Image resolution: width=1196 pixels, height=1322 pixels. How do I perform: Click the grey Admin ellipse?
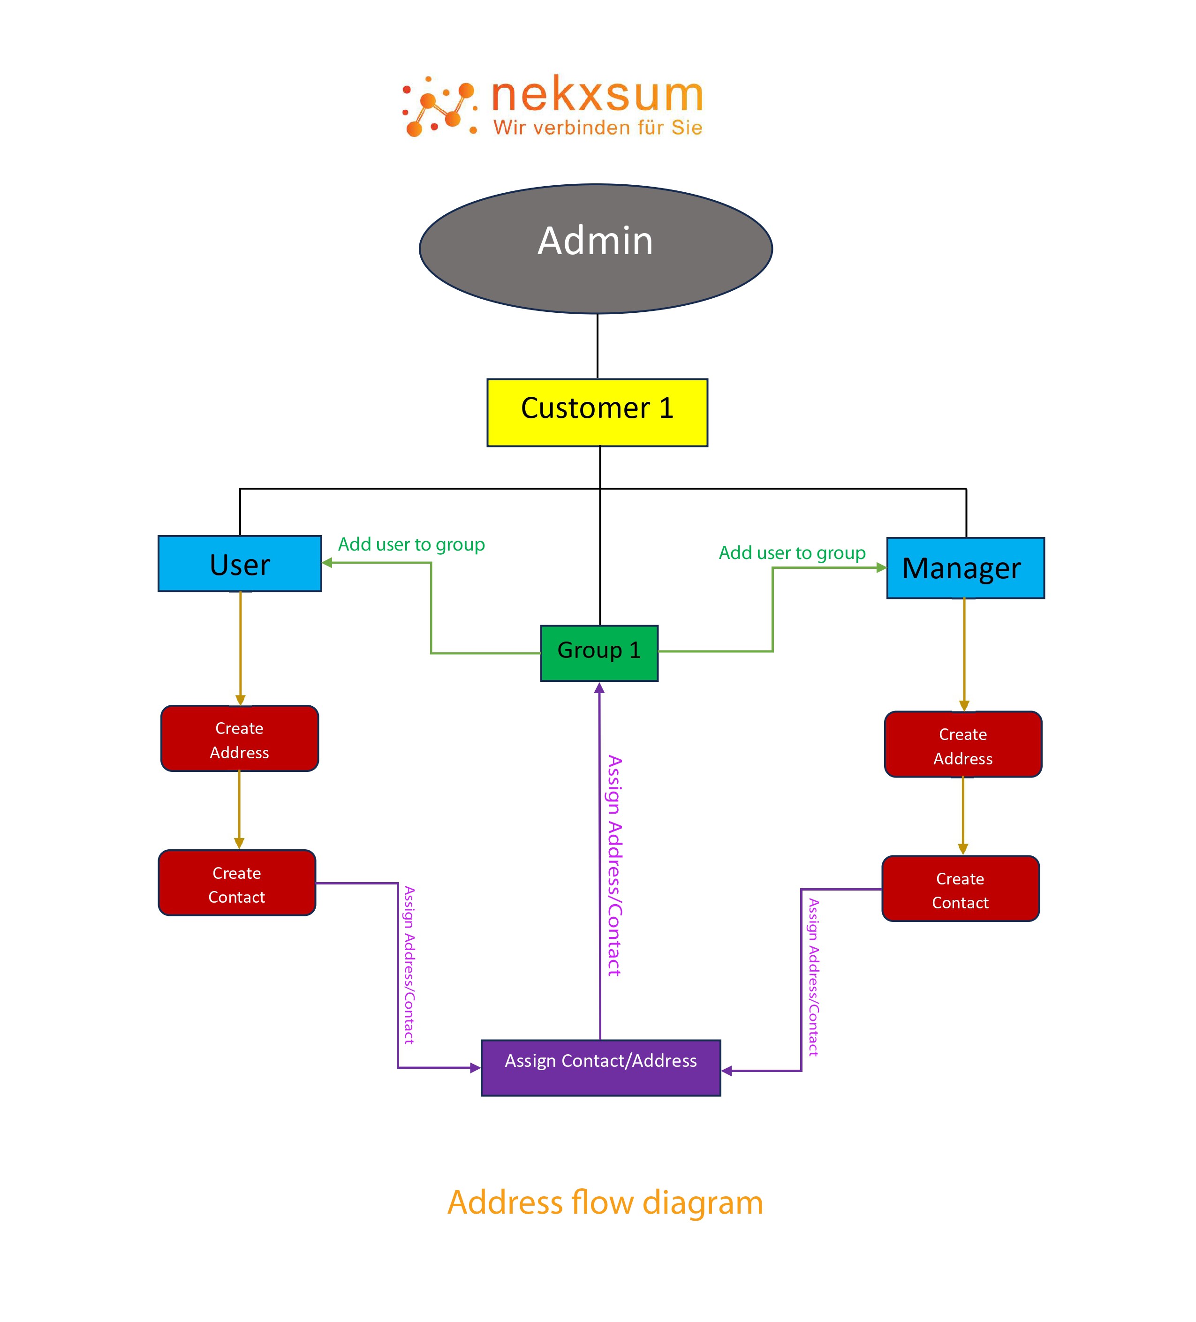pos(595,249)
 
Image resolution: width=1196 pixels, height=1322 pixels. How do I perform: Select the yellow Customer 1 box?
pos(597,413)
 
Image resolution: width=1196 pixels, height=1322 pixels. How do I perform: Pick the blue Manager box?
pos(964,568)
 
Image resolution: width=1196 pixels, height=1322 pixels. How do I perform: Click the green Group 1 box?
pos(598,653)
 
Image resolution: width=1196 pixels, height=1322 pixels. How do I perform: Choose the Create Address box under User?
pos(239,739)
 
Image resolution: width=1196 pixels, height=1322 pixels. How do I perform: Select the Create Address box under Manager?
pos(962,744)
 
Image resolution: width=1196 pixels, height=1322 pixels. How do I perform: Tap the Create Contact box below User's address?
pos(237,883)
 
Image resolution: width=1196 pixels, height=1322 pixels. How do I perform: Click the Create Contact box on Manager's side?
pos(960,889)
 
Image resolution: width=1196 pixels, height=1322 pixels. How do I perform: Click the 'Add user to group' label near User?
pos(411,544)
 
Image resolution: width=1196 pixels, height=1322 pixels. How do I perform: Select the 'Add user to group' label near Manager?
pos(791,553)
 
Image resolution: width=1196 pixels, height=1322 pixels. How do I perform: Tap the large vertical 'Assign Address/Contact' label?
pos(614,866)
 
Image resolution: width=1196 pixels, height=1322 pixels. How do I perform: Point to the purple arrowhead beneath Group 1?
pos(598,688)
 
